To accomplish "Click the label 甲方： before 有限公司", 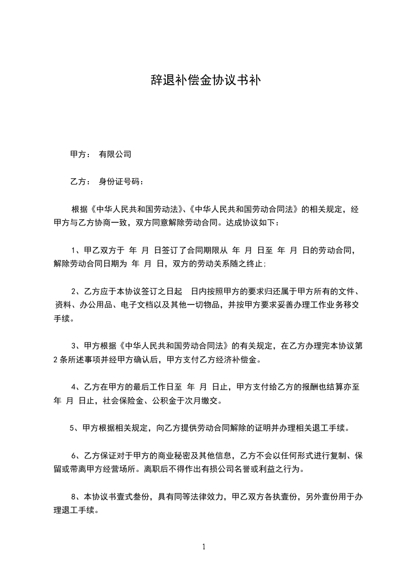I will [x=81, y=153].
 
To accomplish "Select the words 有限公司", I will [x=115, y=153].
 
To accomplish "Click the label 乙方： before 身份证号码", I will [x=81, y=181].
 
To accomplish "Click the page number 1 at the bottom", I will [x=204, y=546].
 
